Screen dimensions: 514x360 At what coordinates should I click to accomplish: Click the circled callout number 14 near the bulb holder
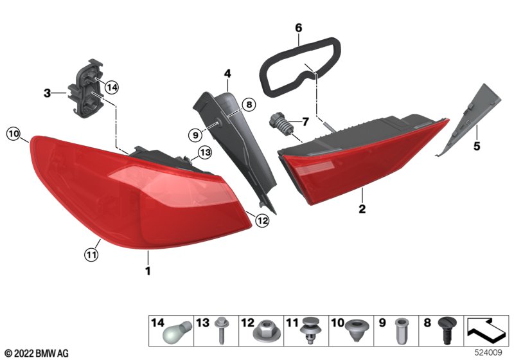[x=111, y=87]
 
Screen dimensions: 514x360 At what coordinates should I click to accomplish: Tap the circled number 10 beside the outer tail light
[x=13, y=134]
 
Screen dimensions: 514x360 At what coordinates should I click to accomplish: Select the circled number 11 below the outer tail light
[x=91, y=255]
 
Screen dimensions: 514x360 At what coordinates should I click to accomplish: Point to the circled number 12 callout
[x=263, y=221]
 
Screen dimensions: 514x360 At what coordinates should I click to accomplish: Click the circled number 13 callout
[x=205, y=152]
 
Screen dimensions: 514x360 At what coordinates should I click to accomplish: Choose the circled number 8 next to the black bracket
[x=249, y=105]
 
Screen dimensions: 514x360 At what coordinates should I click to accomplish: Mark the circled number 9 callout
[x=195, y=135]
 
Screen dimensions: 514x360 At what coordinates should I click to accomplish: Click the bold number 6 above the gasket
[x=298, y=28]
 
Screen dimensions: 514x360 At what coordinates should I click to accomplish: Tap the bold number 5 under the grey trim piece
[x=477, y=146]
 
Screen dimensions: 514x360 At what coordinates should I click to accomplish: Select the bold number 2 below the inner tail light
[x=362, y=208]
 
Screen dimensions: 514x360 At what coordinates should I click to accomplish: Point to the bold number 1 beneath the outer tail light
[x=148, y=271]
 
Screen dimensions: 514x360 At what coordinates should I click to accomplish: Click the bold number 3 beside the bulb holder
[x=47, y=93]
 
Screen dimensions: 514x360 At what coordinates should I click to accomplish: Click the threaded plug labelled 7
[x=279, y=125]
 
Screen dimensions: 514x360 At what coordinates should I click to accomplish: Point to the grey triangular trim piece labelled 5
[x=469, y=120]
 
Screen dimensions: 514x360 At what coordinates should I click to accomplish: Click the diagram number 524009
[x=488, y=352]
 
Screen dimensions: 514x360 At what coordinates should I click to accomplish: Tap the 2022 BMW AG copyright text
[x=37, y=354]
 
